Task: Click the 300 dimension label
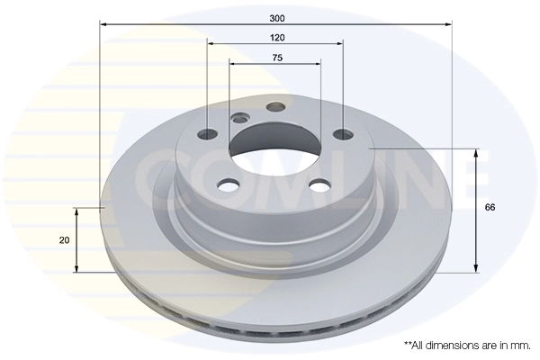(x=276, y=16)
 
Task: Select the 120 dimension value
(x=276, y=37)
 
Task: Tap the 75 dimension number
(x=277, y=58)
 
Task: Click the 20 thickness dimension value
(x=62, y=240)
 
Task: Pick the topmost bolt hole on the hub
(x=277, y=107)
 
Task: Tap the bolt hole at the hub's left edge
(x=207, y=134)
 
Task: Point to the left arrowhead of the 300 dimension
(x=103, y=25)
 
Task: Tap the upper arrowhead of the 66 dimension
(x=475, y=152)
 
